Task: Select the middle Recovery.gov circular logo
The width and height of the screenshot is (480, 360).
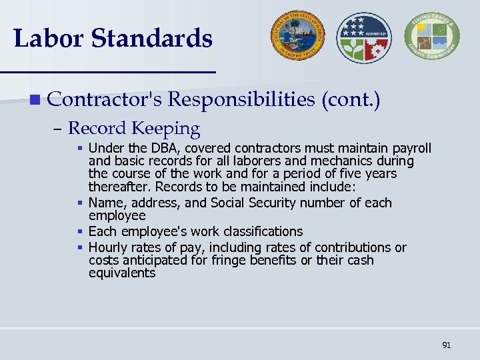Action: click(x=361, y=37)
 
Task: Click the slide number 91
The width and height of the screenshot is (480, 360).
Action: click(x=447, y=345)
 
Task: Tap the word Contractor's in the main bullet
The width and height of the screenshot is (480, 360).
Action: click(x=105, y=100)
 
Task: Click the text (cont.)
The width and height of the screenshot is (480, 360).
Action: click(x=351, y=100)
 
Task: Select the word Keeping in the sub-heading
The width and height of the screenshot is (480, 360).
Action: click(x=166, y=128)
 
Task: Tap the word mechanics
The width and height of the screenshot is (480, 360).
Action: click(x=343, y=161)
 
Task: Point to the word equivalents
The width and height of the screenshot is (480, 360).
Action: click(x=122, y=273)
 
